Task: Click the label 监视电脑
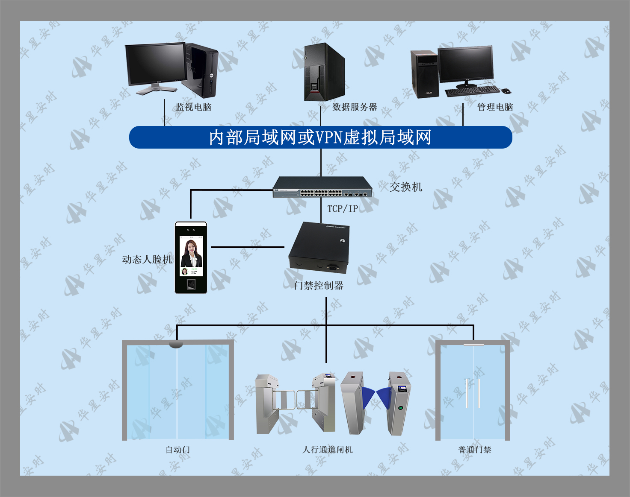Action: point(193,107)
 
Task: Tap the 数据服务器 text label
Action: point(355,107)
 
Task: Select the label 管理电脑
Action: point(495,107)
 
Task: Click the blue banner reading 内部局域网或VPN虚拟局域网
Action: point(321,137)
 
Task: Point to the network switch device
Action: point(322,187)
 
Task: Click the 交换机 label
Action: point(406,187)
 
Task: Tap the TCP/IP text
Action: point(343,209)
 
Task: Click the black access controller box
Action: point(319,248)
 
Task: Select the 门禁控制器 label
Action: point(319,286)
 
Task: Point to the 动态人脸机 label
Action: point(147,259)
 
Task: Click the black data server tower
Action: point(324,72)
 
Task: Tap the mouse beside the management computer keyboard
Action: point(506,91)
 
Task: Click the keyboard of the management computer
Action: point(472,91)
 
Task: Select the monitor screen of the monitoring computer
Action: point(156,64)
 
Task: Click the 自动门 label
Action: point(177,450)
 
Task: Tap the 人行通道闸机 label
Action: point(327,450)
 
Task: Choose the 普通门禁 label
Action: point(475,450)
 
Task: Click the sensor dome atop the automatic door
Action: point(176,345)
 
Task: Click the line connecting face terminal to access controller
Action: point(248,247)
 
